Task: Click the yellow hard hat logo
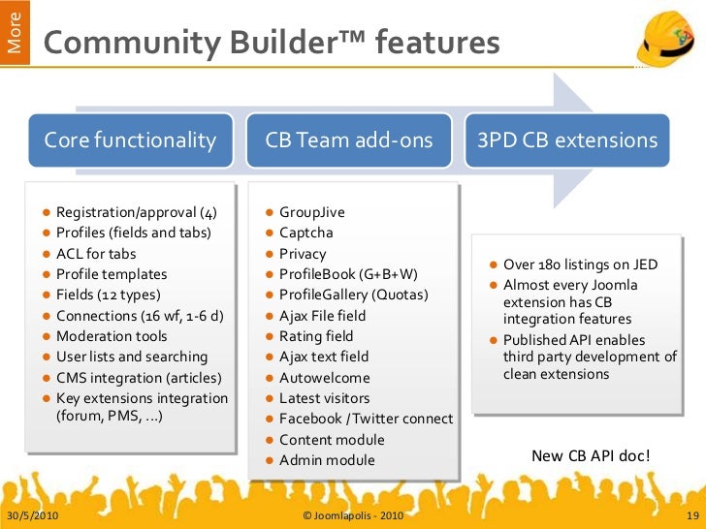tap(665, 38)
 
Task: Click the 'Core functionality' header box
tap(130, 140)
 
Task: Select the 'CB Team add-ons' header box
tap(349, 140)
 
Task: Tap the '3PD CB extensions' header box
tap(567, 140)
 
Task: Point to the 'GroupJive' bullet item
tap(311, 212)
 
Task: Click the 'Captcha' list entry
tap(305, 233)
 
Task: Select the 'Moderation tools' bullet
tap(112, 336)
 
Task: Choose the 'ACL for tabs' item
tap(96, 254)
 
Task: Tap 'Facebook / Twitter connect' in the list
tap(366, 419)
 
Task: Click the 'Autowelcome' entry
tap(324, 378)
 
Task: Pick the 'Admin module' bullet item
tap(327, 460)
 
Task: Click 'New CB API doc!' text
tap(592, 455)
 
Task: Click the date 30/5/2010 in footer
tap(32, 515)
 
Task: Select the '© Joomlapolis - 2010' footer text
tap(353, 515)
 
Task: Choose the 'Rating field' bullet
tap(316, 336)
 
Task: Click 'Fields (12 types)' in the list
tap(109, 295)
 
